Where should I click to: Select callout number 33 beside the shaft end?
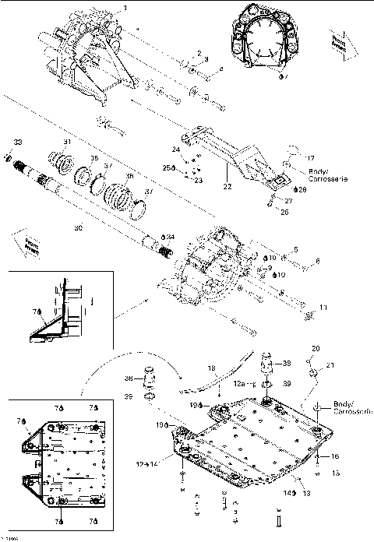(x=16, y=142)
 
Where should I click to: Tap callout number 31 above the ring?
(x=67, y=142)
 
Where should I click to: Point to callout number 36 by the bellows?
(x=129, y=177)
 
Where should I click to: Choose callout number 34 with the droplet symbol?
(x=170, y=235)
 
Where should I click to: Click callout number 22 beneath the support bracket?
(x=227, y=186)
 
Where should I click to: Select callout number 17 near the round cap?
(x=309, y=158)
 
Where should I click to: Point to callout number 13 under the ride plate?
(x=307, y=492)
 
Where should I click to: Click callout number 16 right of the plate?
(x=336, y=456)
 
